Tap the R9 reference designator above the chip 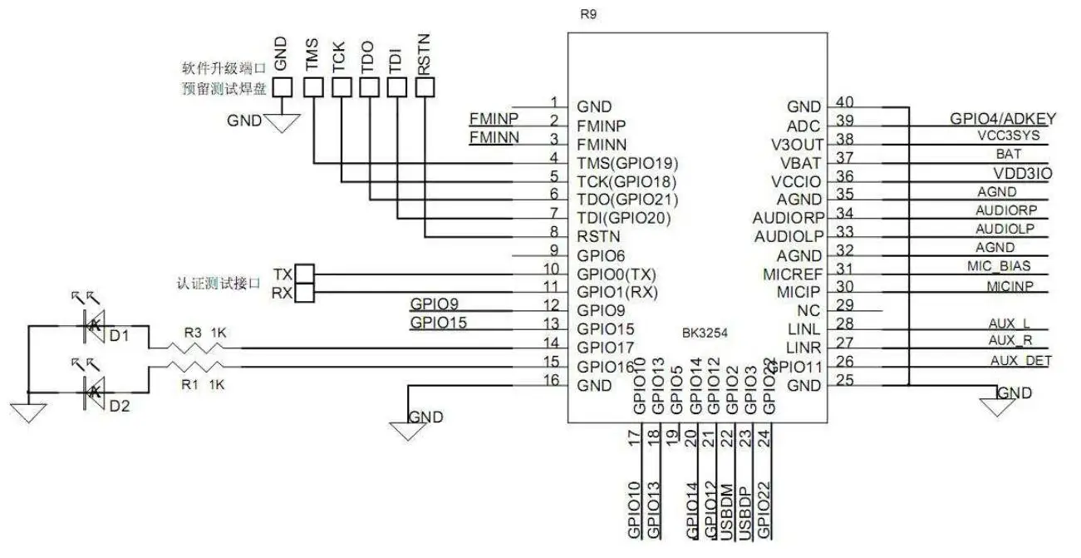point(589,15)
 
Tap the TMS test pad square point(313,86)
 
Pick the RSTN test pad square point(425,86)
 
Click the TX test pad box point(305,274)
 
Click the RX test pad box point(305,292)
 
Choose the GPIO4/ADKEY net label point(1001,118)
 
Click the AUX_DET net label point(1020,360)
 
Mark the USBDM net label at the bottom point(727,508)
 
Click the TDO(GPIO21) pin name point(627,200)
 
